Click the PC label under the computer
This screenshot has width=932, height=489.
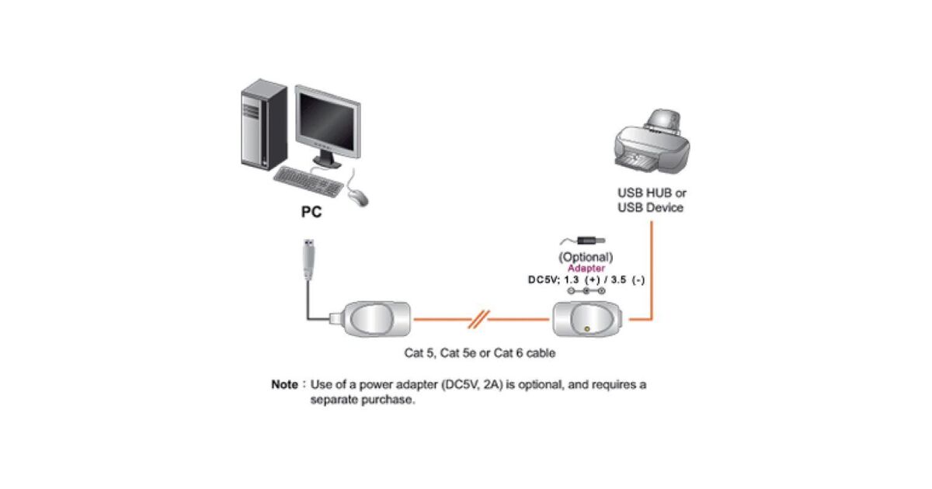tap(311, 211)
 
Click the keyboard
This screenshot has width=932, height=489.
tap(308, 182)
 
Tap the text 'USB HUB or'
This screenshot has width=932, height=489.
tap(652, 192)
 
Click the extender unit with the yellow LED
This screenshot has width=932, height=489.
tap(589, 319)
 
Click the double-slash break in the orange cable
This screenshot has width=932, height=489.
tap(481, 318)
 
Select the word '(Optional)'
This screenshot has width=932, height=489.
tap(586, 257)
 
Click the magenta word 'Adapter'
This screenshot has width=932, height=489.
tap(586, 268)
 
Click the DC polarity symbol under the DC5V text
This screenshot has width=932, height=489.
tap(586, 291)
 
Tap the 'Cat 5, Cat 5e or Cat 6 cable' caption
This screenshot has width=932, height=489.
tap(480, 353)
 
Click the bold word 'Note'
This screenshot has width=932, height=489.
tap(284, 384)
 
